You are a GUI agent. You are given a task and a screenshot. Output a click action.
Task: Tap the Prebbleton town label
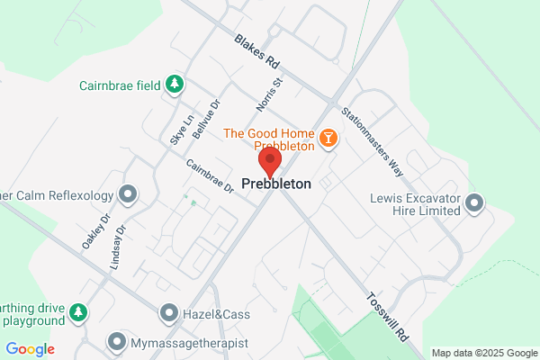[x=277, y=184]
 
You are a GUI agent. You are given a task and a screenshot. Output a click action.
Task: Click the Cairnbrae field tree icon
[x=175, y=85]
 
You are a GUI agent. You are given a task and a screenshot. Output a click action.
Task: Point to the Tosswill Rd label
[x=388, y=315]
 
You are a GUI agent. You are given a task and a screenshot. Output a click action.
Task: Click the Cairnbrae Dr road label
[x=210, y=176]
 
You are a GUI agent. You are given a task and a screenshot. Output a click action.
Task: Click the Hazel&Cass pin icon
[x=169, y=313]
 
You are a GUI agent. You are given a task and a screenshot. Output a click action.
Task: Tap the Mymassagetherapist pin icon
[x=116, y=342]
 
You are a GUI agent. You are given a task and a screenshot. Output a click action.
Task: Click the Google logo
[x=30, y=349]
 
